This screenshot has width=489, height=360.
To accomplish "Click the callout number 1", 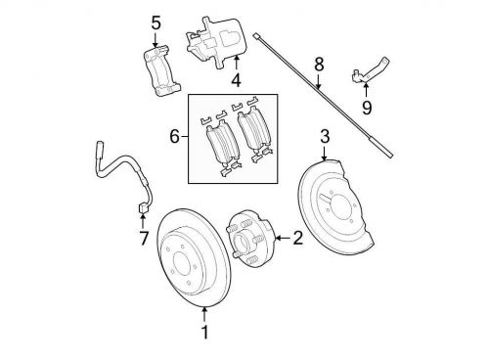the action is click(x=204, y=332).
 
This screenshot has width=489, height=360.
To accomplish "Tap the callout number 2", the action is click(x=298, y=238).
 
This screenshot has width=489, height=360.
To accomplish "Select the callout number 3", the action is click(x=325, y=136).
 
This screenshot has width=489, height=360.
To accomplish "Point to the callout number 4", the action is click(x=237, y=80).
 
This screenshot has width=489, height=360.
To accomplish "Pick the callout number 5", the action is click(x=156, y=23).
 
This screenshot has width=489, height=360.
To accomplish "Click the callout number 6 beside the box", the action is click(x=175, y=136).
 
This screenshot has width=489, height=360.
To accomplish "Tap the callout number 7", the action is click(x=144, y=239).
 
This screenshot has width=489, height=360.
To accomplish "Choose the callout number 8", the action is click(x=319, y=65).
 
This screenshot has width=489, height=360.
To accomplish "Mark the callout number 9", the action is click(x=367, y=108).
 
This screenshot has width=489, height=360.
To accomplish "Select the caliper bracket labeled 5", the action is click(x=161, y=71).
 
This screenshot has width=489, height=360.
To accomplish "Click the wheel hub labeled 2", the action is click(x=251, y=239).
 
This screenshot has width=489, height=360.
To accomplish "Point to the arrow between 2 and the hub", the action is click(x=283, y=238).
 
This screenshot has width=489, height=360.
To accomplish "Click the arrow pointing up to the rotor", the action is click(x=204, y=315).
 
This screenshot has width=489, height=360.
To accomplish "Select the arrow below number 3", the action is click(x=324, y=154).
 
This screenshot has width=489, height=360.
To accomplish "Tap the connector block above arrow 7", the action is click(x=143, y=207).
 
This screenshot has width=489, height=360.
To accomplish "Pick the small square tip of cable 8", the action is click(x=257, y=36).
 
